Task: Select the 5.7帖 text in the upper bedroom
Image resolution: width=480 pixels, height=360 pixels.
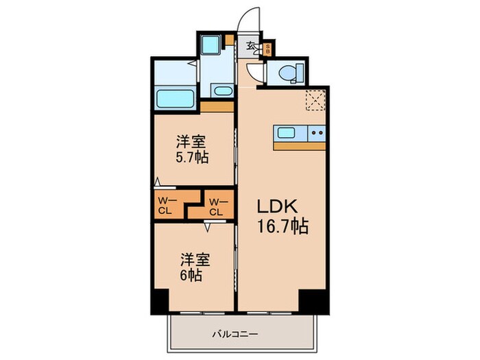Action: (x=192, y=156)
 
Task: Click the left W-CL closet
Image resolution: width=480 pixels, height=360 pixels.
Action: (x=167, y=206)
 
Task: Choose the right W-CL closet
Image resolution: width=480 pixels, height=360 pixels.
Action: (x=216, y=206)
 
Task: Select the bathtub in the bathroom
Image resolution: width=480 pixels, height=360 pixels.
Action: (x=176, y=98)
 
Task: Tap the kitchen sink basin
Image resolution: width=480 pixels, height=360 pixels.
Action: (x=287, y=133)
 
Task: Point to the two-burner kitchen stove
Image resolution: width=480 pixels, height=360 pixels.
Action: (x=317, y=133)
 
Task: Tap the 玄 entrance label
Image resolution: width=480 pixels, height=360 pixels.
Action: (x=252, y=47)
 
